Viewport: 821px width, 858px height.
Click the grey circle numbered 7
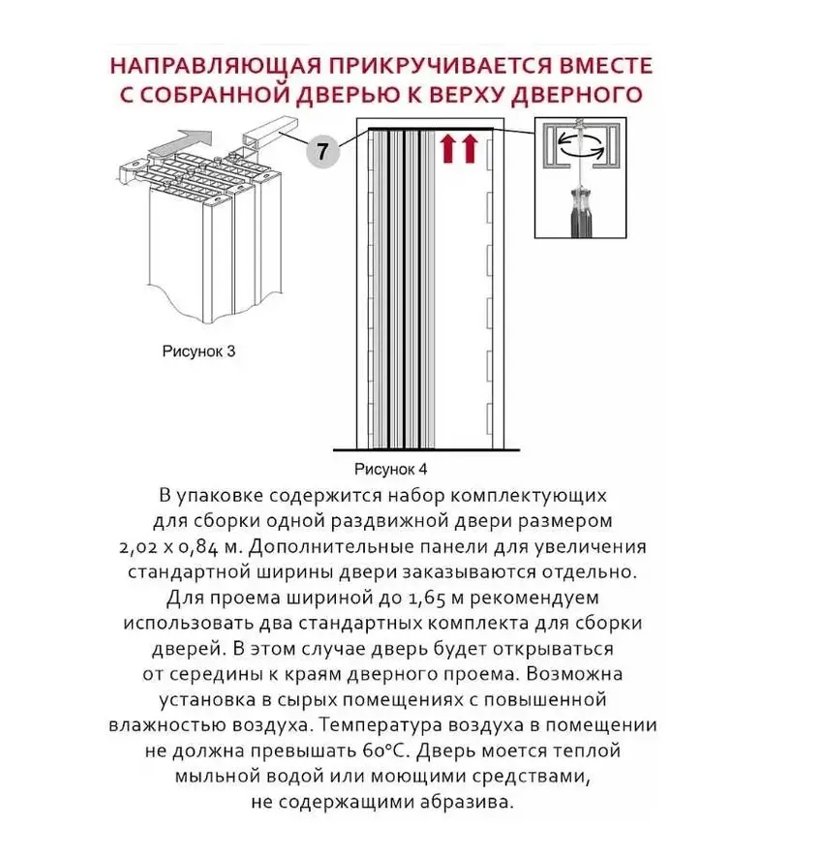(323, 153)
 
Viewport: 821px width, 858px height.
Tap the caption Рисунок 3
(198, 352)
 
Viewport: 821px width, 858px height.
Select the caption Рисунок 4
(391, 469)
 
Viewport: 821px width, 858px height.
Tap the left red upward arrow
(448, 148)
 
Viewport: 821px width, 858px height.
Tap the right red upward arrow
(471, 148)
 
